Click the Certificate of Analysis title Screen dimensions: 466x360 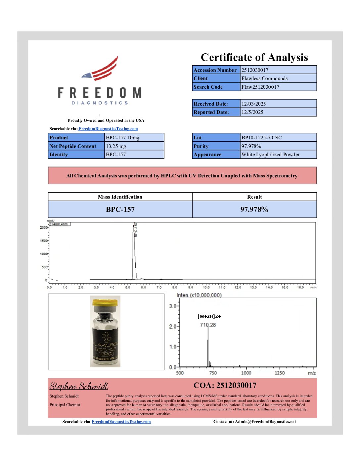pos(254,57)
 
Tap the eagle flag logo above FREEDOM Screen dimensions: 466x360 pos(101,69)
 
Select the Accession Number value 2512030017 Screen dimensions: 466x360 pos(255,70)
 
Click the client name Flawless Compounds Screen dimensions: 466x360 pos(264,78)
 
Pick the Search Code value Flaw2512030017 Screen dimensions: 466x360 pos(260,87)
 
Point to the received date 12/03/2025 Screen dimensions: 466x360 pos(253,104)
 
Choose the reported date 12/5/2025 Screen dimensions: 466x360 pos(252,112)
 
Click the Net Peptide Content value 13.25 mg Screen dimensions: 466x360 pos(116,146)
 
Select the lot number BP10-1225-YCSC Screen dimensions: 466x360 pos(261,138)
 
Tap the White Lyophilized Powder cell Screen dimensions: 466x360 pos(270,155)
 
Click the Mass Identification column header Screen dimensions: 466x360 pos(120,197)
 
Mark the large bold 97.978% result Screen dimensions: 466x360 pos(254,210)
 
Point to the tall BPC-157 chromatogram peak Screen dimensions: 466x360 pos(134,252)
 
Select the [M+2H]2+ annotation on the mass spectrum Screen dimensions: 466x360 pos(209,316)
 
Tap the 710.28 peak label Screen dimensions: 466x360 pos(208,325)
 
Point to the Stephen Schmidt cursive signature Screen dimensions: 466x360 pos(79,386)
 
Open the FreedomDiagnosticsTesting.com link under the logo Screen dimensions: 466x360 pos(108,129)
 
